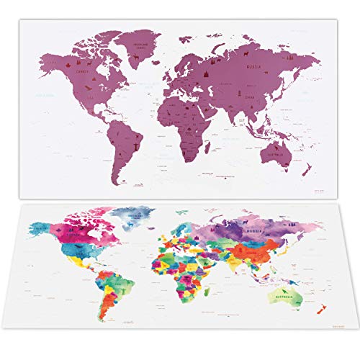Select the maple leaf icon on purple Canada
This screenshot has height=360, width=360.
(74, 66)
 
